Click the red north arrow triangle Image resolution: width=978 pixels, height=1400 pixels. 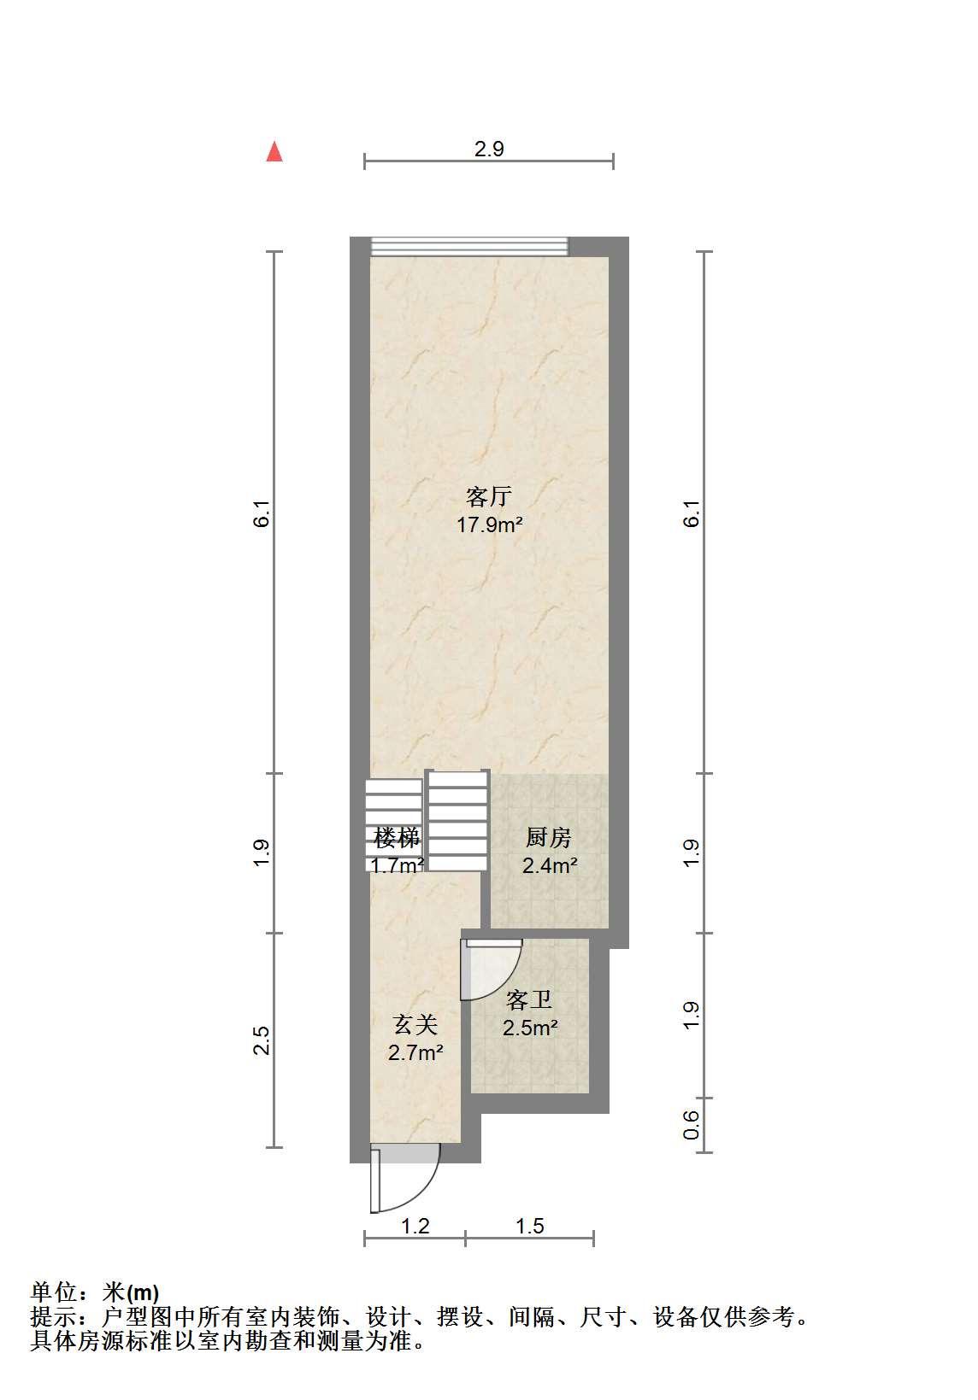click(x=274, y=152)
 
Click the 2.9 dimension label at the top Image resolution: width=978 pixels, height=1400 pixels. click(x=489, y=149)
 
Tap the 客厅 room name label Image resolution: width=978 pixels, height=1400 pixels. click(x=489, y=496)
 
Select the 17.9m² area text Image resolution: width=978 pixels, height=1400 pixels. click(x=489, y=524)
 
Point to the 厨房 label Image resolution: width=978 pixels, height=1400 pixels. click(x=549, y=838)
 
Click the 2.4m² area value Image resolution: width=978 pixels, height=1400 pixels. click(x=550, y=865)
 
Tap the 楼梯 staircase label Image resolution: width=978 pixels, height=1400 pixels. click(x=397, y=837)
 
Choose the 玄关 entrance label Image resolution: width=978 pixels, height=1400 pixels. click(x=415, y=1026)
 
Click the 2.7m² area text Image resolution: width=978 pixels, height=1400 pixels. click(x=415, y=1053)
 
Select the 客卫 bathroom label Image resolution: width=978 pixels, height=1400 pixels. click(x=529, y=1000)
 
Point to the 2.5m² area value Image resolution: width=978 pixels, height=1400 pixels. click(x=530, y=1028)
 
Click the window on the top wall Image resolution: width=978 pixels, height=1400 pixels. click(x=469, y=246)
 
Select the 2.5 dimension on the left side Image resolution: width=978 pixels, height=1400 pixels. click(x=261, y=1040)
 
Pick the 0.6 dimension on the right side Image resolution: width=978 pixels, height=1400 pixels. click(x=691, y=1125)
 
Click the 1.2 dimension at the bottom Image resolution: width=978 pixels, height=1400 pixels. click(x=415, y=1227)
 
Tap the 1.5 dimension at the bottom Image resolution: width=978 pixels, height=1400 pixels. click(x=529, y=1227)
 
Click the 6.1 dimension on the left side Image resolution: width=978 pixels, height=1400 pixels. click(x=261, y=513)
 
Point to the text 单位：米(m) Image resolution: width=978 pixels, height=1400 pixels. click(x=95, y=1292)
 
